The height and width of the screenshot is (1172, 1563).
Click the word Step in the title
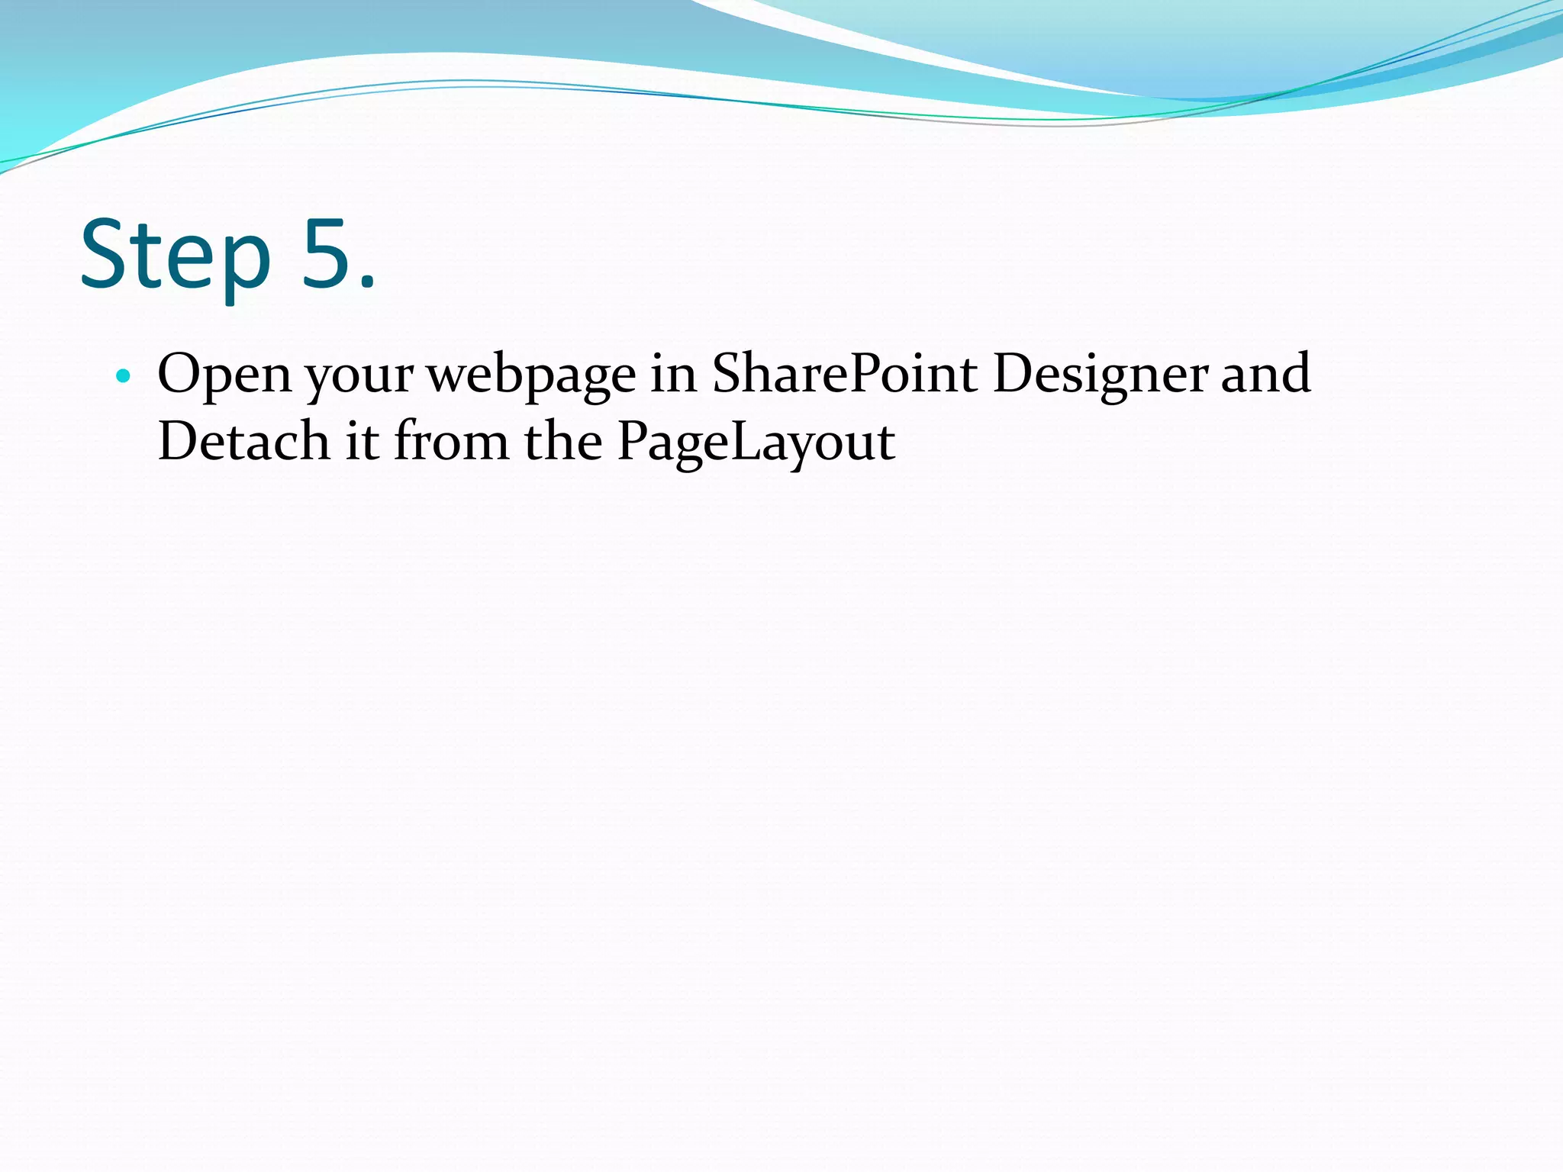[x=176, y=256]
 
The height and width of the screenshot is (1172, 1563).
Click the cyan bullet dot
[x=123, y=375]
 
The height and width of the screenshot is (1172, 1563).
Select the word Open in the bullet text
[x=224, y=374]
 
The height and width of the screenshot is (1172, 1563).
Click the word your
[x=359, y=375]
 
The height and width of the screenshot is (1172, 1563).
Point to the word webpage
[x=530, y=375]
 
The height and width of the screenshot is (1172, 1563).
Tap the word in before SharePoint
[x=673, y=374]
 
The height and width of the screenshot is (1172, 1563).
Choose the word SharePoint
[x=844, y=374]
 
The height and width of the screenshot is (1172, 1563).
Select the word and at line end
[x=1265, y=374]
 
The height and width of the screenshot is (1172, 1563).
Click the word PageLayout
[x=756, y=443]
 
